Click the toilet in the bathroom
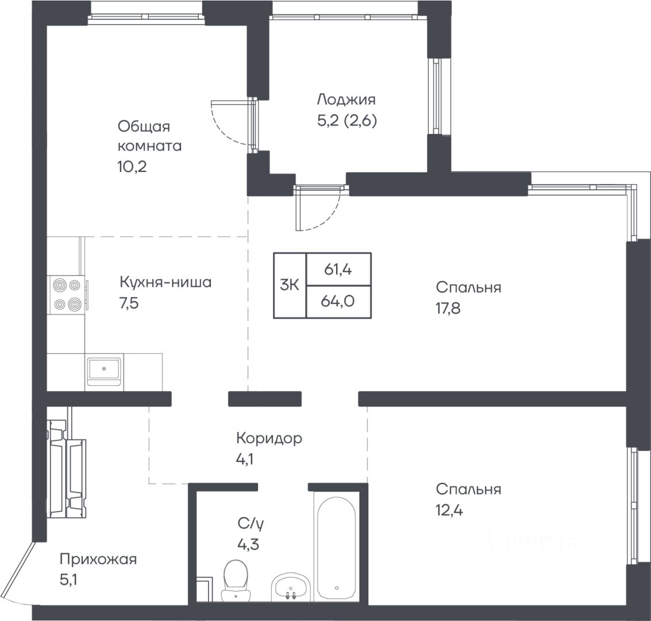236,580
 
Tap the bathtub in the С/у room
336,547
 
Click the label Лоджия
346,99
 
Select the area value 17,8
448,309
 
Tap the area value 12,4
449,510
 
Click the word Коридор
269,438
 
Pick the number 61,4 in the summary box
338,270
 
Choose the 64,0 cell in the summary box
337,301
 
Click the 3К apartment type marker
290,285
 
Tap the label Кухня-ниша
165,282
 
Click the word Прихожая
98,559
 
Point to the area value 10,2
133,167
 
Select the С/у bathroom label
251,524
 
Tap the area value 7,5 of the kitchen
129,304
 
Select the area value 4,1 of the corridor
245,460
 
